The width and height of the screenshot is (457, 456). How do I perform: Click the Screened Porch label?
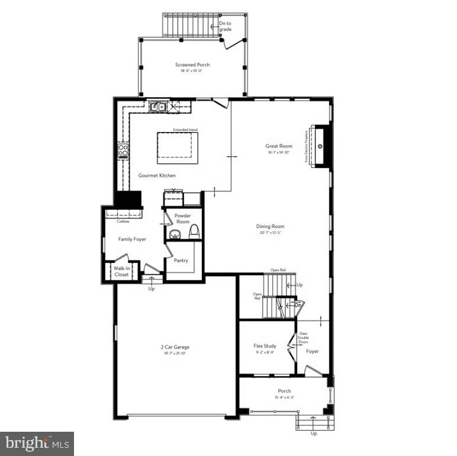coord(192,65)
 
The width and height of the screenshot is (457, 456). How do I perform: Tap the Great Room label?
coord(279,146)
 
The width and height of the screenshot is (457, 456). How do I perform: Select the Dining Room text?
coord(271,226)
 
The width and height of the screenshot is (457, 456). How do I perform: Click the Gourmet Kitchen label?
coord(157,175)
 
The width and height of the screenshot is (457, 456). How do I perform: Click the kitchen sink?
coord(157,107)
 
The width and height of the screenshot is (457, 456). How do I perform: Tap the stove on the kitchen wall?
coord(123,151)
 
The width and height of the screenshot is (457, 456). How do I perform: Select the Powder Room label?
coord(182,219)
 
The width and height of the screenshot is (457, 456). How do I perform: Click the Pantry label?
coord(181,259)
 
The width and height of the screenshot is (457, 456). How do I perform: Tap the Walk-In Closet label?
coord(121,272)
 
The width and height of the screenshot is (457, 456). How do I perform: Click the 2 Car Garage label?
coord(175,347)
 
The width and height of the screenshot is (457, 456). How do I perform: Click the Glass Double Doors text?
coord(304,338)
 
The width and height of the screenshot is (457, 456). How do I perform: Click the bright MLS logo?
coord(37,442)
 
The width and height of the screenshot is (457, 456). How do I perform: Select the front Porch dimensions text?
coord(285,397)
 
